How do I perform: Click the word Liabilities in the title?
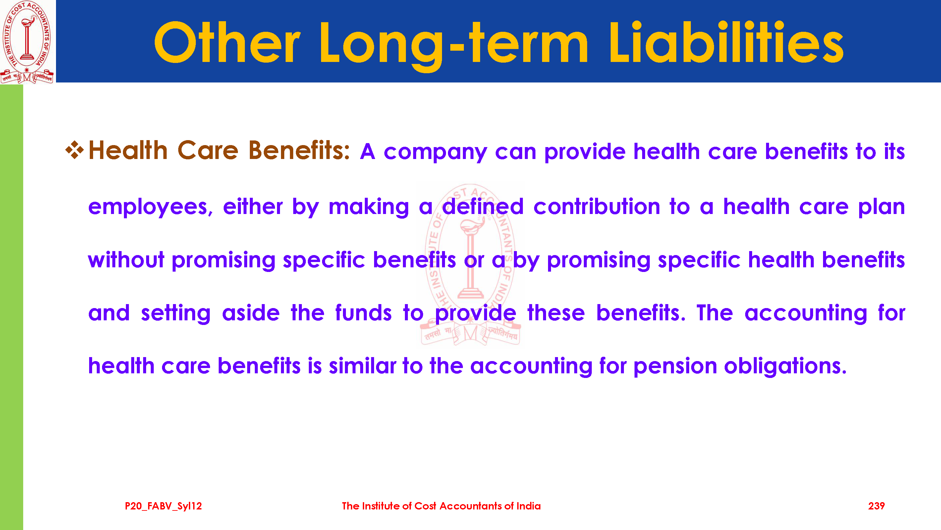[x=726, y=42]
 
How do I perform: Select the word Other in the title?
[x=227, y=42]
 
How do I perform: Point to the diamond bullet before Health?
[x=75, y=150]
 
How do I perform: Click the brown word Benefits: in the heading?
[x=299, y=150]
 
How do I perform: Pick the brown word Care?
[x=208, y=150]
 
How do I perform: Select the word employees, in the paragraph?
[x=150, y=207]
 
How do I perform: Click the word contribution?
[x=596, y=206]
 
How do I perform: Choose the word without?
[x=126, y=260]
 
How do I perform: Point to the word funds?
[x=363, y=313]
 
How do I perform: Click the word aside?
[x=250, y=313]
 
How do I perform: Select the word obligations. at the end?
[x=785, y=366]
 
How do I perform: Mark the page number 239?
[x=876, y=506]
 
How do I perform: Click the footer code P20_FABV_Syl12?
[x=163, y=506]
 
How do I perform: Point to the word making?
[x=368, y=207]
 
